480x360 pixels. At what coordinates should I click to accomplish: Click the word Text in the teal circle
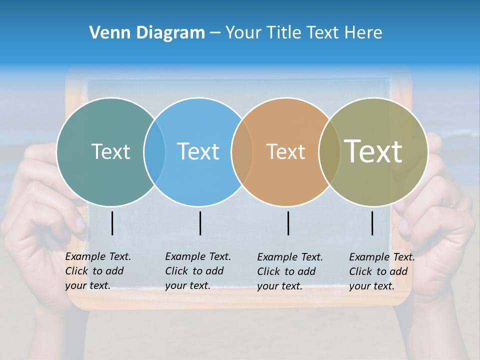coord(110,151)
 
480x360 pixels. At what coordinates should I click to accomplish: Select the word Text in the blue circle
coord(198,151)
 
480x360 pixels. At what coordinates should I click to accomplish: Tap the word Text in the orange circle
coord(285,151)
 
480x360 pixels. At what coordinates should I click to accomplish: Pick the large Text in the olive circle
coord(373,151)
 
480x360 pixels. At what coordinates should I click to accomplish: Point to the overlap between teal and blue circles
coord(154,151)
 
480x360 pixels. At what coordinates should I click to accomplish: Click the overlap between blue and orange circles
coord(242,151)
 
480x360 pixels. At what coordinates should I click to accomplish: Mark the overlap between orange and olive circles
coord(329,151)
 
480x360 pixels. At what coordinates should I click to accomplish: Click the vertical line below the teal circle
coord(112,223)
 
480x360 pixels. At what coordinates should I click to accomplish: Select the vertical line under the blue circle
coord(200,223)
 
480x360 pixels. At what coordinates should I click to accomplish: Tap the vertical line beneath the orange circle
coord(288,223)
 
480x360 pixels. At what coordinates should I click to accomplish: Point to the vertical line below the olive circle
coord(372,223)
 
